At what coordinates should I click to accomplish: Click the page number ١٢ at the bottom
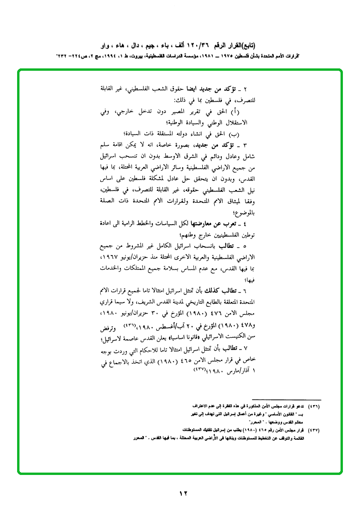[x=184, y=493]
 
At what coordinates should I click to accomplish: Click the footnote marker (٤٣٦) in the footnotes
[x=314, y=408]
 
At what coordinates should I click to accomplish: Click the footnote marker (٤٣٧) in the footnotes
[x=314, y=429]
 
